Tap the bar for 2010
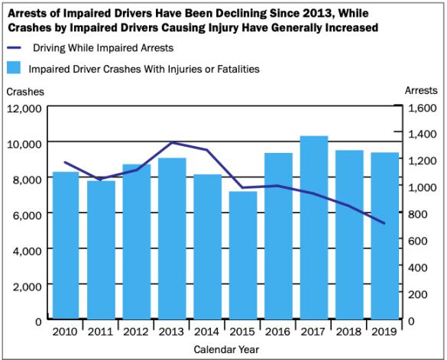coord(65,245)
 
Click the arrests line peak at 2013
coord(171,143)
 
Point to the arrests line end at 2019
coord(384,224)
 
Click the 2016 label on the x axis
coord(278,332)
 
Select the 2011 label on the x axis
coord(101,332)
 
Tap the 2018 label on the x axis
coord(348,332)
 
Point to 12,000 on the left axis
coord(25,109)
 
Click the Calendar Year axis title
coord(225,349)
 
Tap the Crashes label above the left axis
coord(25,92)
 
